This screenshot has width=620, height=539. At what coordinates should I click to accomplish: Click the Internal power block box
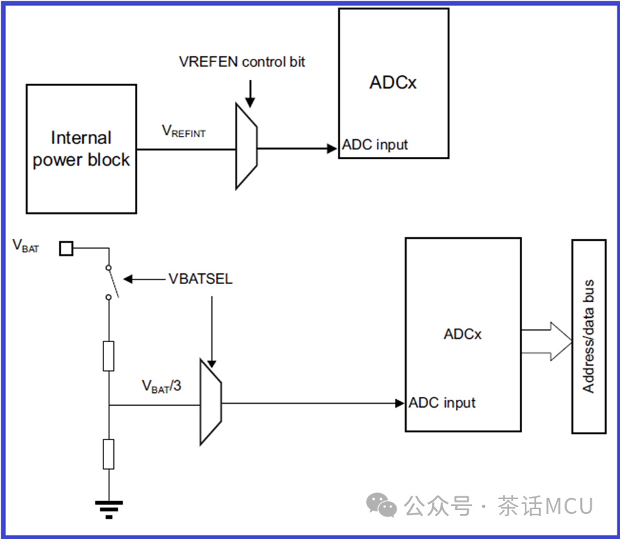pyautogui.click(x=81, y=149)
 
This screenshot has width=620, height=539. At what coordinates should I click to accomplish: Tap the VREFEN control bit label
pyautogui.click(x=242, y=62)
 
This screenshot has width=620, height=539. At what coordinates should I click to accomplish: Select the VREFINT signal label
pyautogui.click(x=183, y=132)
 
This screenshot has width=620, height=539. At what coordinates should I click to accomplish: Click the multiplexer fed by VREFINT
pyautogui.click(x=246, y=145)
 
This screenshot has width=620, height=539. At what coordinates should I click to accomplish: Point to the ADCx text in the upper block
pyautogui.click(x=393, y=83)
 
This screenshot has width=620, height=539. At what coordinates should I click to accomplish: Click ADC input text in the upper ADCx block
pyautogui.click(x=375, y=145)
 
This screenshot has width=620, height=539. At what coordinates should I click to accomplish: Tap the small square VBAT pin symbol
pyautogui.click(x=66, y=249)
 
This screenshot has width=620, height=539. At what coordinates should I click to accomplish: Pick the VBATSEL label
pyautogui.click(x=201, y=279)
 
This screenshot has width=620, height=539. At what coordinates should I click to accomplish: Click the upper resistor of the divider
pyautogui.click(x=109, y=356)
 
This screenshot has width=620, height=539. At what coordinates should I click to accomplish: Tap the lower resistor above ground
pyautogui.click(x=109, y=453)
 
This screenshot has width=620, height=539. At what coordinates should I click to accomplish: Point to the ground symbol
pyautogui.click(x=108, y=508)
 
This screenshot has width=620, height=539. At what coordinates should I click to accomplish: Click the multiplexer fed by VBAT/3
pyautogui.click(x=211, y=404)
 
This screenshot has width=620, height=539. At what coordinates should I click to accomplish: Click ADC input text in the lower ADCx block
pyautogui.click(x=442, y=403)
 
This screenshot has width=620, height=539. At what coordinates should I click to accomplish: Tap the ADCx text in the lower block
pyautogui.click(x=463, y=334)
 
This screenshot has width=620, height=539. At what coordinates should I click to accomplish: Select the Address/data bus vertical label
pyautogui.click(x=588, y=336)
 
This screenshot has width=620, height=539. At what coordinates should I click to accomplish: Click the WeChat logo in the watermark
pyautogui.click(x=382, y=505)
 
